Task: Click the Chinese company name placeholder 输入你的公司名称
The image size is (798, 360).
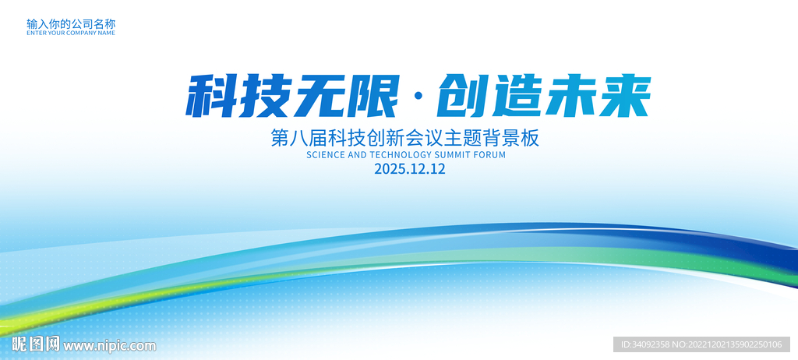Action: tap(71, 23)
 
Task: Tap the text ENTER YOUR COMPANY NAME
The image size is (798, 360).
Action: tap(71, 33)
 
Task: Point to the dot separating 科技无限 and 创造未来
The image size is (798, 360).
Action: tap(418, 97)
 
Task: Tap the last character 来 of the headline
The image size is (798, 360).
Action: tap(624, 97)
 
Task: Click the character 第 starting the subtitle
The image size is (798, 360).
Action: tap(280, 138)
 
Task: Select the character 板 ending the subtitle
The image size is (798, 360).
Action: tap(530, 138)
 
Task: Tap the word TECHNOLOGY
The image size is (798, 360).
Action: tap(400, 155)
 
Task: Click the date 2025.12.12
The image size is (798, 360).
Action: tap(410, 169)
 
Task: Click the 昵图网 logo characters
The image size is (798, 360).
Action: tap(36, 344)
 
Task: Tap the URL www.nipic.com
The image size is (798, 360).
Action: tap(109, 346)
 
